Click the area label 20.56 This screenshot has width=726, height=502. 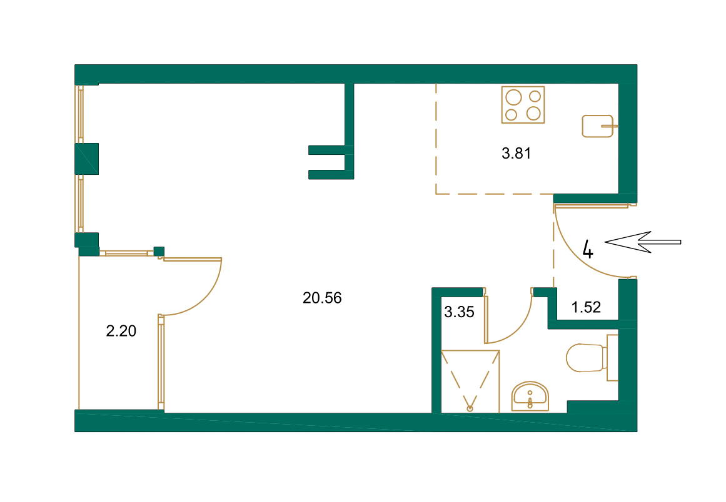(x=322, y=298)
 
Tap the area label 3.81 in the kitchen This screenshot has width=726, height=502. (x=516, y=154)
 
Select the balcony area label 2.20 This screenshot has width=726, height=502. (x=121, y=332)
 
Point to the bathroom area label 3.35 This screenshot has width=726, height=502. (x=459, y=312)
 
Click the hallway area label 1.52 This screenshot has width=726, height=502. (x=586, y=307)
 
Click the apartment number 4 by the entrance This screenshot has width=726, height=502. (x=588, y=249)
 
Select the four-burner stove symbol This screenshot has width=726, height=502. (x=523, y=104)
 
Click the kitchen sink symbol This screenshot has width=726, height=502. (x=598, y=125)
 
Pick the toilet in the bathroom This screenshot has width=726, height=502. (x=584, y=358)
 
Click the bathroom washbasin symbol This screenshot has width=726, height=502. (x=530, y=396)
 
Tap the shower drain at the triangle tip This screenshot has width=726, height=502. (x=470, y=408)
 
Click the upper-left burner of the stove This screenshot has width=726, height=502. (x=513, y=97)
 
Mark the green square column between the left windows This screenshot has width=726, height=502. (x=87, y=159)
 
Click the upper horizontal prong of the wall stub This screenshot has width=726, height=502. (x=328, y=150)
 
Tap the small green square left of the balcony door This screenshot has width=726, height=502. (x=159, y=251)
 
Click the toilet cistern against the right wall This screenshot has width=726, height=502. (x=613, y=357)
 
